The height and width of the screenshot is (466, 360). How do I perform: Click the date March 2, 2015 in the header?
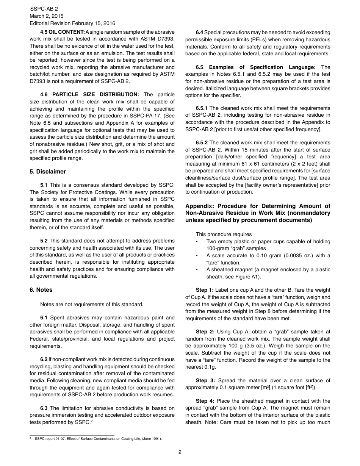pyautogui.click(x=47, y=16)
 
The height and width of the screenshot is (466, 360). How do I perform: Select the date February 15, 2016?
pyautogui.click(x=94, y=23)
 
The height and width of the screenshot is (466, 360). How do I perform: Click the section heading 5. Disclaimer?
pyautogui.click(x=48, y=172)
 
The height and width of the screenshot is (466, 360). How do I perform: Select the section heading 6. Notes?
pyautogui.click(x=41, y=290)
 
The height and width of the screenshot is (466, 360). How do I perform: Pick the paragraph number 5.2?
pyautogui.click(x=44, y=241)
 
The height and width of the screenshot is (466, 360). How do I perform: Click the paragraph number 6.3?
pyautogui.click(x=44, y=408)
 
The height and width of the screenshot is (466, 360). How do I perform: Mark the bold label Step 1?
pyautogui.click(x=205, y=290)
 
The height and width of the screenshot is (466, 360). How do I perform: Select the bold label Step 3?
pyautogui.click(x=205, y=380)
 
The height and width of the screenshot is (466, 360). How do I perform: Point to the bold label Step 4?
pyautogui.click(x=205, y=401)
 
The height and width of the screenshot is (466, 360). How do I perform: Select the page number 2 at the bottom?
pyautogui.click(x=180, y=452)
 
